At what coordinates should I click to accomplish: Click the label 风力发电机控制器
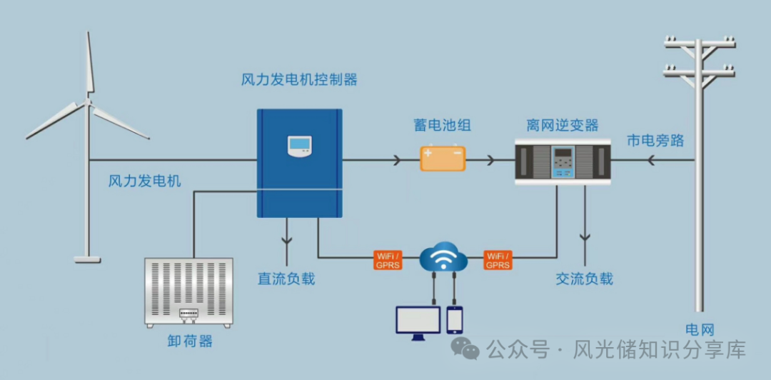(299, 79)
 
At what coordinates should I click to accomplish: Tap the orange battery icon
(443, 158)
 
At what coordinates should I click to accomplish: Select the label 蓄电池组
(442, 126)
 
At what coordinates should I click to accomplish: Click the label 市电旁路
(655, 140)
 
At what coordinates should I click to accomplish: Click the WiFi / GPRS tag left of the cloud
(388, 260)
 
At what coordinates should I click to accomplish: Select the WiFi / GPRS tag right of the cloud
(498, 260)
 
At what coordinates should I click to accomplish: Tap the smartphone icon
(454, 319)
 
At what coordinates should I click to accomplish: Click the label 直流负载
(286, 279)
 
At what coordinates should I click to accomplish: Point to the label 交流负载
(584, 279)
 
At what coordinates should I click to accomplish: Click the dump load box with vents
(189, 292)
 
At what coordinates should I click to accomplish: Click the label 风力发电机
(145, 181)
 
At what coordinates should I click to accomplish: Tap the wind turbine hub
(89, 102)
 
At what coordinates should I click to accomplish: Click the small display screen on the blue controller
(300, 145)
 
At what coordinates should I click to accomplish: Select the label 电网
(700, 329)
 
